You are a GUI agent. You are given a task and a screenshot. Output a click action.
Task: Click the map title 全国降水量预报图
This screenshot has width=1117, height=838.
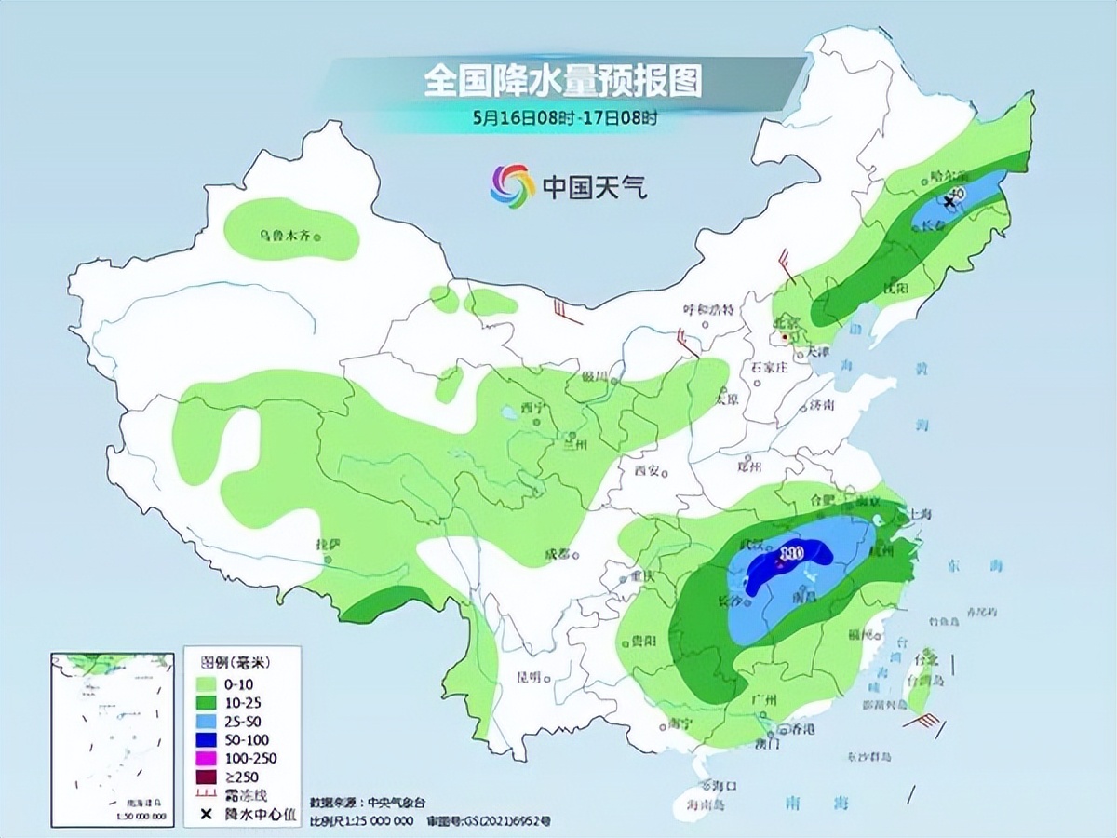click(562, 82)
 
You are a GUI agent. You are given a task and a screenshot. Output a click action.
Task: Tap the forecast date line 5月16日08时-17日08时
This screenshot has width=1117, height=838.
click(565, 118)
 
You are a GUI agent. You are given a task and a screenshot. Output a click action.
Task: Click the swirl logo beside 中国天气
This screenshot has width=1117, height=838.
click(513, 186)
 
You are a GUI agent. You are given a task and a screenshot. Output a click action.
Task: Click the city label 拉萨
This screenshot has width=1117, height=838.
click(328, 543)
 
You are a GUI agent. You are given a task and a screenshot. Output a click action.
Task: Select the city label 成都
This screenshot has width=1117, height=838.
click(557, 556)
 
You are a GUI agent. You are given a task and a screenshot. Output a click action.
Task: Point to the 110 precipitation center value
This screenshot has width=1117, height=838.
click(791, 555)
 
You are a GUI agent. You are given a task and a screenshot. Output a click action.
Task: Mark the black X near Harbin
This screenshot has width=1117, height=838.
click(949, 200)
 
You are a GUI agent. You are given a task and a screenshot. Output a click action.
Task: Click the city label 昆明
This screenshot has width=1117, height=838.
click(530, 677)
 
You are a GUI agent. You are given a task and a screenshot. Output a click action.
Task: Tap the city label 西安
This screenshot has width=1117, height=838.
click(646, 471)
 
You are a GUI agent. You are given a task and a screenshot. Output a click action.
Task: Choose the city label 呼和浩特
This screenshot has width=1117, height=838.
click(709, 309)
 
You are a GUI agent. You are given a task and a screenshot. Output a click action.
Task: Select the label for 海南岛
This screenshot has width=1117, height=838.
click(704, 804)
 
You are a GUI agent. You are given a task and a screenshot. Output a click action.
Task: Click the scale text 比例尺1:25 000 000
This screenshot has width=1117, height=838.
click(362, 821)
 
